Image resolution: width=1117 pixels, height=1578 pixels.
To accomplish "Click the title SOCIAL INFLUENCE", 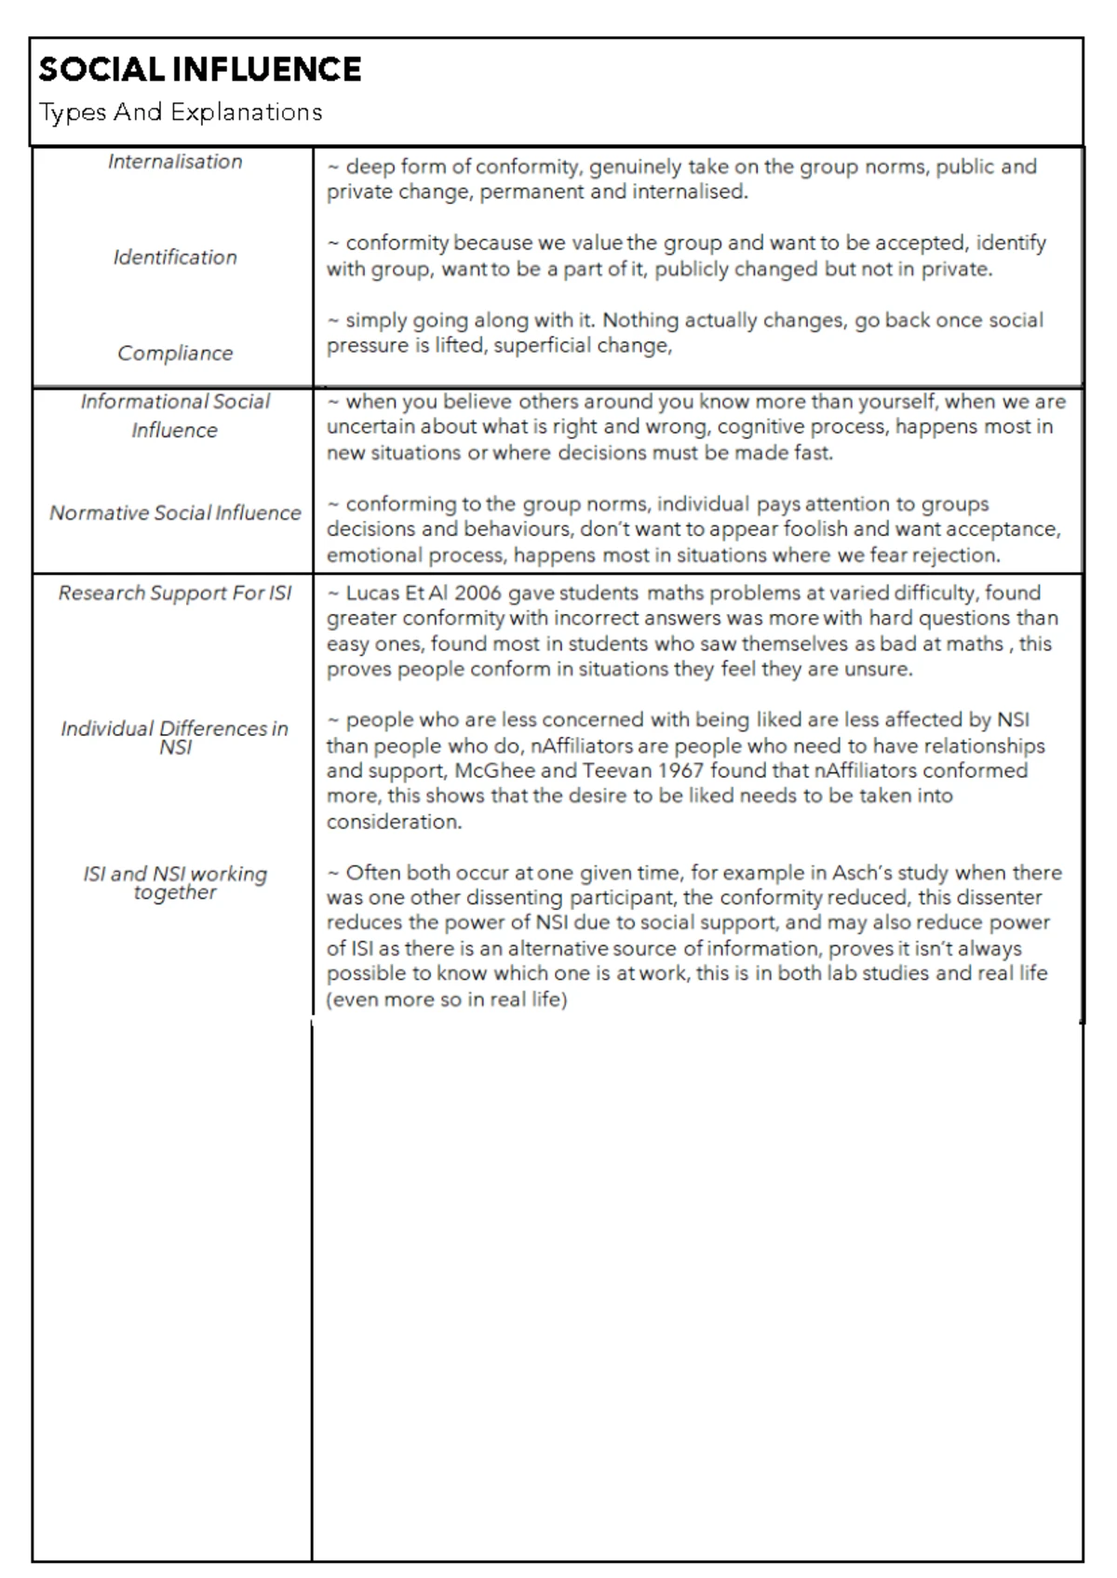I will pos(199,70).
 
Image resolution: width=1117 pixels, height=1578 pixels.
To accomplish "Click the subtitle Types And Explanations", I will pos(181,113).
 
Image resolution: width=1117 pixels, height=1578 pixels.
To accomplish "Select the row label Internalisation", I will pos(175,162).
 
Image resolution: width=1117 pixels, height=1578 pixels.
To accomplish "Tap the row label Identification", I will pos(175,258).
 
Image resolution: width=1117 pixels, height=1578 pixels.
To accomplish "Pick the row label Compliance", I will pos(175,354).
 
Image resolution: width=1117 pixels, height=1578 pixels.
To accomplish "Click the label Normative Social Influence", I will pos(175,513).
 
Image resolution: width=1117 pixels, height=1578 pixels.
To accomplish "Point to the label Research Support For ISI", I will pos(175,594).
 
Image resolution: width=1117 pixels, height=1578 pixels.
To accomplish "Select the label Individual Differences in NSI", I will pos(175,738).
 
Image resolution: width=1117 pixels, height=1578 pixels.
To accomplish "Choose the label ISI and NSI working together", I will pos(175,883).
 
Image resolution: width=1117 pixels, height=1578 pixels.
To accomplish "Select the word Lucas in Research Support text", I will pos(370,594).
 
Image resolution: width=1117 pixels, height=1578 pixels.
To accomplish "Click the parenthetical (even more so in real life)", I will pos(446,1000).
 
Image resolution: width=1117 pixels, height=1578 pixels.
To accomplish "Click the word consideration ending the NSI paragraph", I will pos(393,822).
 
